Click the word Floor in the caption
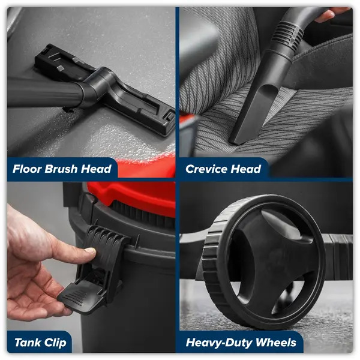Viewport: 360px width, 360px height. [28, 169]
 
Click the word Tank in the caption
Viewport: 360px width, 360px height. [28, 343]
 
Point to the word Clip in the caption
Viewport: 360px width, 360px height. [55, 343]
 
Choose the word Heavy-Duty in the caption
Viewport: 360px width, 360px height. [219, 343]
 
